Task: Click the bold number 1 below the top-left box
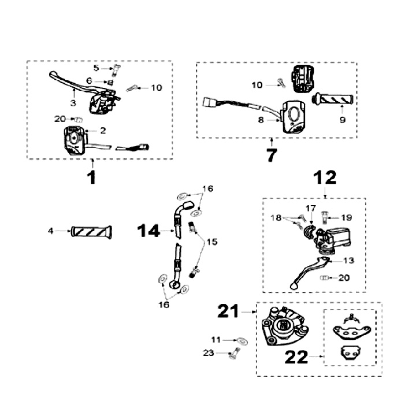[x=92, y=176]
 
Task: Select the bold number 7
[x=271, y=155]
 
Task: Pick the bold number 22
[x=298, y=358]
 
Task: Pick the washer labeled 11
[x=242, y=340]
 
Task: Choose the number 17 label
[x=311, y=208]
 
